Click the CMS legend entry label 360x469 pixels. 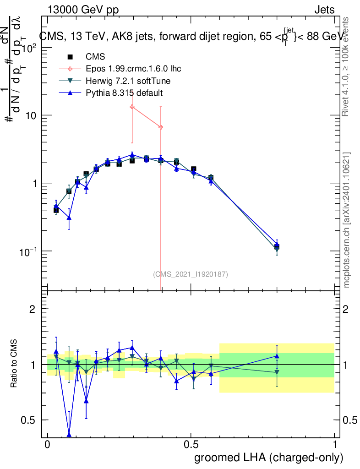[95, 57]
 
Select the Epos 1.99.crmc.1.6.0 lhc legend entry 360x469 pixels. [133, 69]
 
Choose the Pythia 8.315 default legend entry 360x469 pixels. [124, 93]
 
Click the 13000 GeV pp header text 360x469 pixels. [83, 10]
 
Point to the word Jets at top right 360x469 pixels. [324, 10]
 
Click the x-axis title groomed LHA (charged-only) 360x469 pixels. [269, 457]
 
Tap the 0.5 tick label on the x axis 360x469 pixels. [191, 445]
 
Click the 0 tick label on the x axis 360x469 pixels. [48, 445]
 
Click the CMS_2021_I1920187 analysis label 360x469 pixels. [190, 274]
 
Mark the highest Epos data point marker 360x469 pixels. [132, 107]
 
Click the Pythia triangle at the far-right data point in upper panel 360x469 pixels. [277, 245]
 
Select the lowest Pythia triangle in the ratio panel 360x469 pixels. [69, 435]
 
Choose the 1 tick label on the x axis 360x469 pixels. [335, 445]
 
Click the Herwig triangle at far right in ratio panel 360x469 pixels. [277, 372]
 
